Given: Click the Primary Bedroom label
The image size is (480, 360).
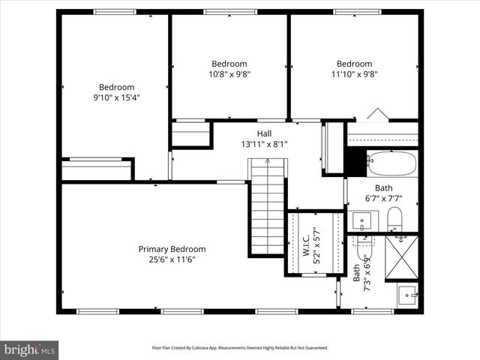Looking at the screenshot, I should (172, 249).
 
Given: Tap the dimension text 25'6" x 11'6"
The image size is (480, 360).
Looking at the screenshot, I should (172, 259).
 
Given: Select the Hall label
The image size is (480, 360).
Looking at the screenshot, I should (264, 133).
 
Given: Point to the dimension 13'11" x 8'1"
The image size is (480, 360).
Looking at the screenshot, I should (264, 144).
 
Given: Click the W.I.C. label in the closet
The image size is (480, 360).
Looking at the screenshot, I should (307, 243).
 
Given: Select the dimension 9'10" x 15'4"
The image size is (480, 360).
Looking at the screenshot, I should (117, 97).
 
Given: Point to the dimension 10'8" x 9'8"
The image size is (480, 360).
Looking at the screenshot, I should (229, 74).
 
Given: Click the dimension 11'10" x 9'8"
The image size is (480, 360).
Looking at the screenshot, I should (354, 74).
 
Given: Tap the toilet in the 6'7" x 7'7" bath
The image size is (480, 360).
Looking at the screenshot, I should (395, 220).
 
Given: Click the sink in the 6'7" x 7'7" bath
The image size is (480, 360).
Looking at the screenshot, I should (363, 221).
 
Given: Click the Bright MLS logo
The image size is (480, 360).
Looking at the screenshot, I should (30, 349).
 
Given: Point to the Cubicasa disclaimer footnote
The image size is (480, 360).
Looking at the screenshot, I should (240, 348).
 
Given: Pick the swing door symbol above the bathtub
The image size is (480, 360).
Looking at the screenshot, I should (378, 114).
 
